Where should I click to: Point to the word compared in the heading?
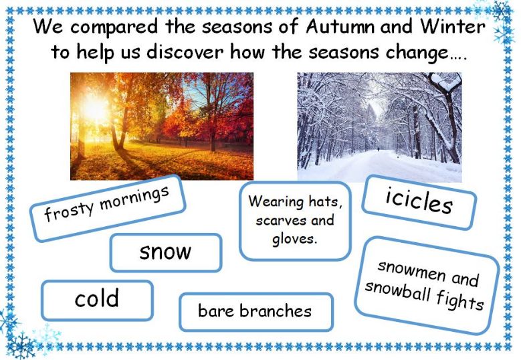click(x=114, y=27)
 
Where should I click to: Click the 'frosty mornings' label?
click(x=107, y=208)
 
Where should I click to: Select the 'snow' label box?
click(x=166, y=253)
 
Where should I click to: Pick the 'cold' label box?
click(x=97, y=300)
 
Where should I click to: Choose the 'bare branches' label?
click(x=256, y=312)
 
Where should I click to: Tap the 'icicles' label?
click(x=419, y=203)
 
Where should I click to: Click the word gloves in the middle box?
click(x=294, y=240)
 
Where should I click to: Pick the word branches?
click(x=276, y=310)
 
